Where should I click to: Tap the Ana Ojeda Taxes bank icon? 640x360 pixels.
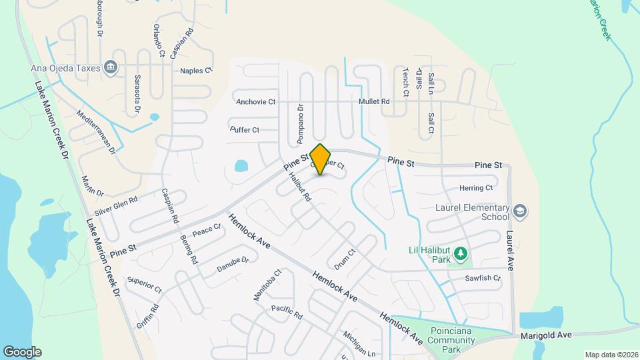(x=111, y=67)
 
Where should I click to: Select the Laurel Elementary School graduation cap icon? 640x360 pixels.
(x=520, y=211)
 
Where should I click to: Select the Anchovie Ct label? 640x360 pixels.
(x=256, y=102)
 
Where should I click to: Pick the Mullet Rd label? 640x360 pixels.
(x=374, y=101)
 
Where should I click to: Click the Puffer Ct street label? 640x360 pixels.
(x=245, y=129)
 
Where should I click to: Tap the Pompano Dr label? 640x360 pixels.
(x=300, y=125)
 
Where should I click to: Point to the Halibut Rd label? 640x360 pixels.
(x=301, y=187)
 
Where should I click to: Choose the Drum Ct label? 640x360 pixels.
(x=345, y=259)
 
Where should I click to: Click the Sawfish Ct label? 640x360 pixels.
(x=483, y=278)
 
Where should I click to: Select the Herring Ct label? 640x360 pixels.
(x=476, y=188)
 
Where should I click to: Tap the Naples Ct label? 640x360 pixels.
(x=196, y=70)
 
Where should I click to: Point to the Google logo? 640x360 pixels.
(x=22, y=351)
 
